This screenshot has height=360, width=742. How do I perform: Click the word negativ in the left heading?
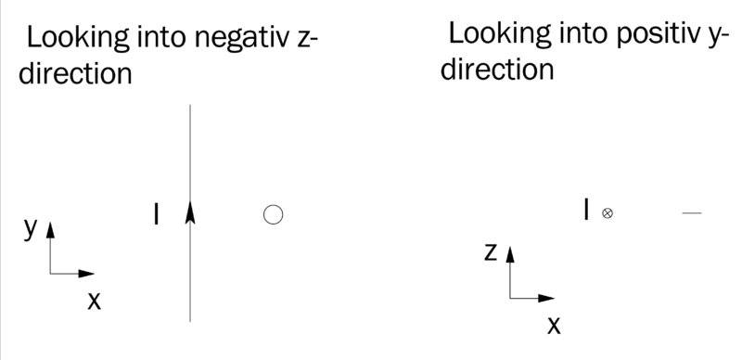click(x=242, y=37)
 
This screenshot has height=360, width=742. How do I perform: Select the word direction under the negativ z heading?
click(x=75, y=73)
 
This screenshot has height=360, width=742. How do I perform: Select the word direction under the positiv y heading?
click(x=497, y=70)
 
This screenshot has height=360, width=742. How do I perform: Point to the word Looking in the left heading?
click(x=78, y=39)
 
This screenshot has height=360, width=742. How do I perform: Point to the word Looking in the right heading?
click(x=499, y=35)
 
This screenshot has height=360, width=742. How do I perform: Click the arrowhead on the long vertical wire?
click(x=190, y=212)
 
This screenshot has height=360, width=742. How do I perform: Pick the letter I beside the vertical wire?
click(x=157, y=214)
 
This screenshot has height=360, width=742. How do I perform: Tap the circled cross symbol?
click(x=608, y=213)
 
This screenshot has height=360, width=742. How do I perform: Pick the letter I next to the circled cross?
click(x=587, y=210)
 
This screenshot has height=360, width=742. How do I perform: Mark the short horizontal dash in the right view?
click(x=692, y=213)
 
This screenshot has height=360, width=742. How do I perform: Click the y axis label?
click(x=31, y=229)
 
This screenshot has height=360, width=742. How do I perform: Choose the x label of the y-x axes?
click(x=95, y=301)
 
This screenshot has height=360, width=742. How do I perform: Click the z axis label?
click(x=491, y=253)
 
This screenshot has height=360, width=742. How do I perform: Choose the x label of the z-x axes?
click(x=554, y=326)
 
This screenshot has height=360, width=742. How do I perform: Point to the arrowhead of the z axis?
click(x=510, y=254)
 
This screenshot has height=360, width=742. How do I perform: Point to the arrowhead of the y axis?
click(x=50, y=230)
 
